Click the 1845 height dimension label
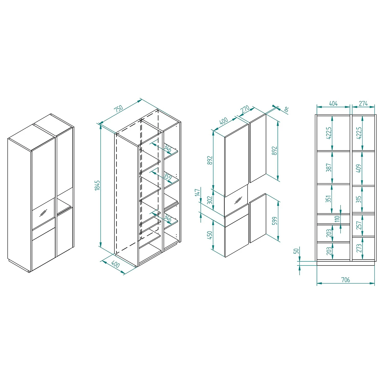pos(97,185)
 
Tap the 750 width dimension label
pos(119,109)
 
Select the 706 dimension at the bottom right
pos(346,280)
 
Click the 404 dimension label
pos(333,103)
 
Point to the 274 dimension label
pos(363,103)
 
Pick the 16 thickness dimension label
pos(286,110)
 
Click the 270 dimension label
pos(245,109)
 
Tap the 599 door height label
pos(275,221)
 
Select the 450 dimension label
pos(210,235)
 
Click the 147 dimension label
pos(197,193)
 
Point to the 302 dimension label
pos(210,200)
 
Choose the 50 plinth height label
pos(296,251)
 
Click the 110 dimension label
pos(337,219)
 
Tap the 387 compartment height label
pos(329,167)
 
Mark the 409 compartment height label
pos(359,168)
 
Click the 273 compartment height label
pos(359,248)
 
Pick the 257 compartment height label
pos(359,225)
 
